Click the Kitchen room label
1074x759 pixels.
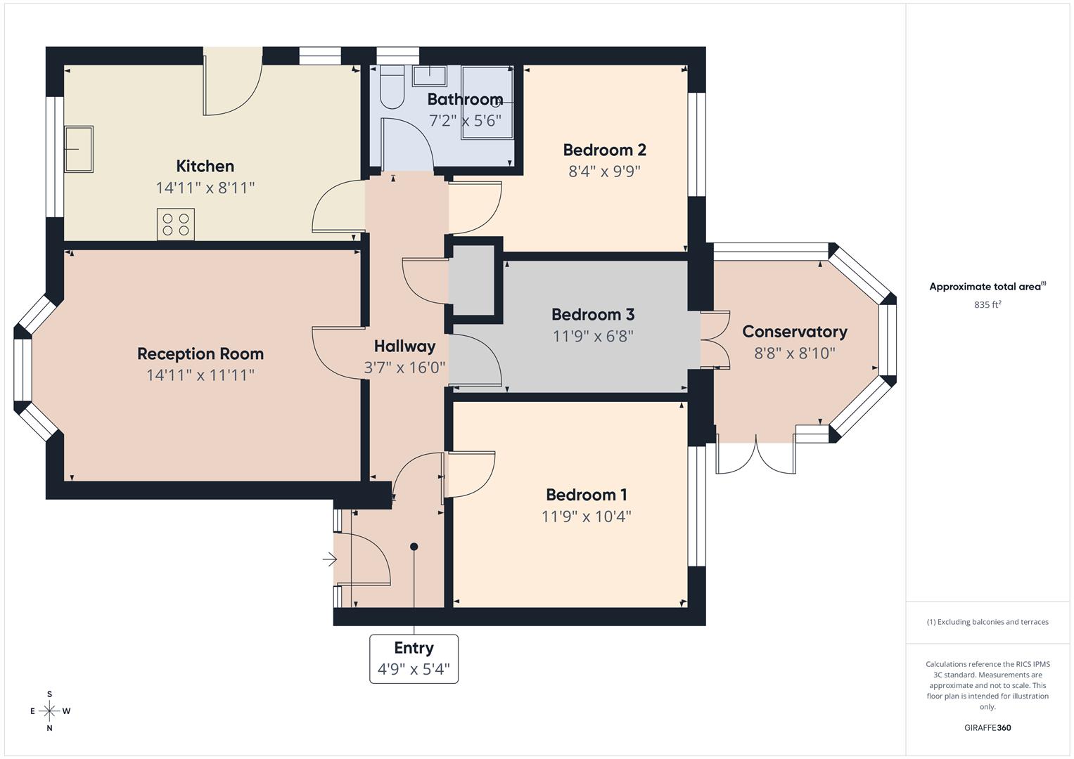(x=205, y=167)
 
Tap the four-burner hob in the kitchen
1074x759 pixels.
(x=176, y=224)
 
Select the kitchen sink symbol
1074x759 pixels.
(x=79, y=149)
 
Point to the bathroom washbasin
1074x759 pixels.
(x=429, y=75)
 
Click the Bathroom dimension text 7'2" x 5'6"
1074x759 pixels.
(x=465, y=121)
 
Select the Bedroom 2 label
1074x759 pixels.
(x=604, y=150)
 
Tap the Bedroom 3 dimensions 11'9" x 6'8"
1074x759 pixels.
(x=593, y=336)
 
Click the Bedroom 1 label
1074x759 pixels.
(x=586, y=495)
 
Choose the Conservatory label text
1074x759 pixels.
(x=794, y=332)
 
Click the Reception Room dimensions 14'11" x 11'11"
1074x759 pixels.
(x=200, y=375)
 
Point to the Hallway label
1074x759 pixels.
(x=404, y=346)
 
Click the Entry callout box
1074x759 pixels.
(x=414, y=659)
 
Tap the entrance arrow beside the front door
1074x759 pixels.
(x=329, y=559)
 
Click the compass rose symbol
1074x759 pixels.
(x=49, y=711)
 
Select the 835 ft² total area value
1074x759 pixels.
(x=987, y=304)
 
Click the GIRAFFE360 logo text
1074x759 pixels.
(x=987, y=727)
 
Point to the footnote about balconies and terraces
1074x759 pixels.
(x=987, y=622)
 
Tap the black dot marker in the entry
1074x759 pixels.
(x=414, y=547)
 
